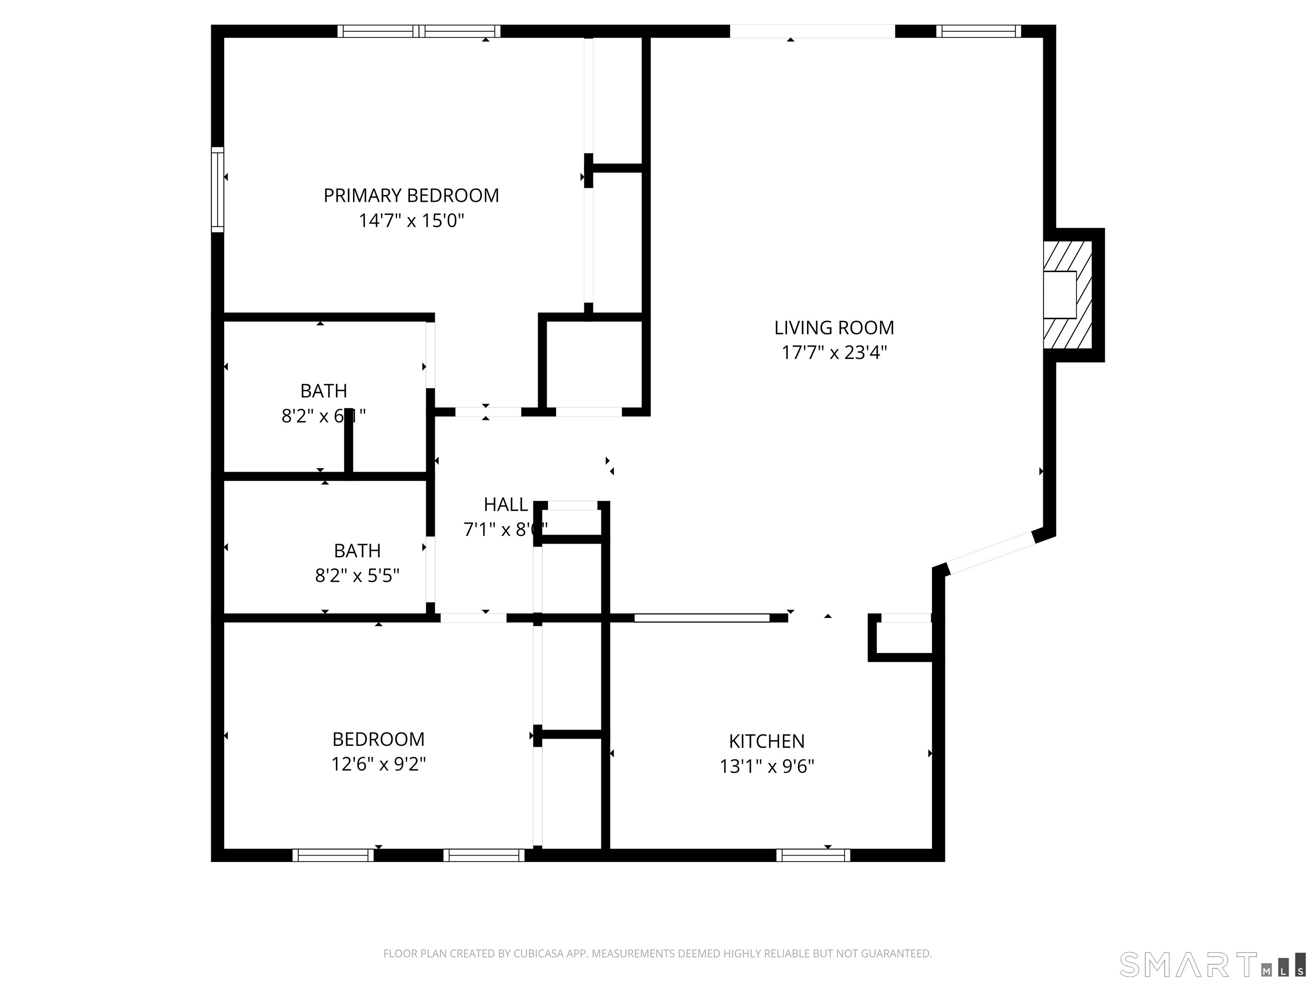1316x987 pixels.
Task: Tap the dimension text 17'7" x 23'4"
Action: pyautogui.click(x=834, y=353)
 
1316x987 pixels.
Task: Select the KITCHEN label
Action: pyautogui.click(x=766, y=741)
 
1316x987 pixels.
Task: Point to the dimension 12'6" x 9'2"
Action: pyautogui.click(x=378, y=764)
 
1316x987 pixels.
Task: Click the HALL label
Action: pyautogui.click(x=505, y=505)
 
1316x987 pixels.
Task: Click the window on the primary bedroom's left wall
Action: pyautogui.click(x=218, y=189)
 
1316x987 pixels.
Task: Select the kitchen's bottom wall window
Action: pyautogui.click(x=813, y=855)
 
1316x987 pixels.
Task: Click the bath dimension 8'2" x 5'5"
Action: pyautogui.click(x=357, y=576)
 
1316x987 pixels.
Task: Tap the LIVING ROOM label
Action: pyautogui.click(x=834, y=327)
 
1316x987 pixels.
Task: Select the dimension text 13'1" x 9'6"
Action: pyautogui.click(x=766, y=766)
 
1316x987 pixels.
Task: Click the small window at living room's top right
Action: pyautogui.click(x=978, y=31)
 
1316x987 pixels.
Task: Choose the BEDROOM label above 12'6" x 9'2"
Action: pyautogui.click(x=378, y=739)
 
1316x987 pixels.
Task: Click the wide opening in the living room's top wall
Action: pyautogui.click(x=812, y=31)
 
